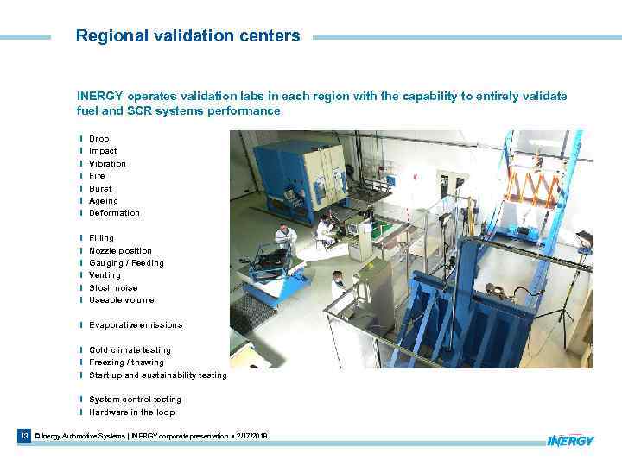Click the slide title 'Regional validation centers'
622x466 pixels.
[187, 36]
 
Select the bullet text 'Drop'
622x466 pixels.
[99, 138]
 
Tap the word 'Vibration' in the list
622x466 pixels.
[107, 163]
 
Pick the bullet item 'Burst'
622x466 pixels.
[100, 188]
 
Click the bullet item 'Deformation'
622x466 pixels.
[114, 213]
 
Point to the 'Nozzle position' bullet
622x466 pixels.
[120, 250]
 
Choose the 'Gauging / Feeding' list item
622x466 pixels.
[126, 263]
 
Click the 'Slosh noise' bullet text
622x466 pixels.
[113, 288]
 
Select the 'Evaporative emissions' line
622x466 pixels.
[136, 325]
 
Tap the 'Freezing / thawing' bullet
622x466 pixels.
[126, 362]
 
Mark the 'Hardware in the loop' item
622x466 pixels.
[131, 412]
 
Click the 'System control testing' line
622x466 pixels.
[135, 400]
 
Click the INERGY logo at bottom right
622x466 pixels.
[570, 440]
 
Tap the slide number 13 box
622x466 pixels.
[25, 437]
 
